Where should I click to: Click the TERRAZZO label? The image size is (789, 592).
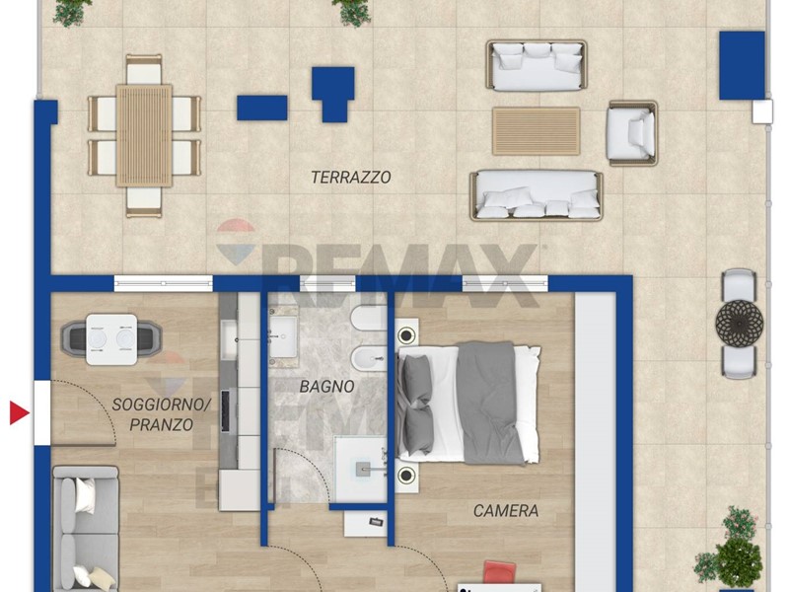351,178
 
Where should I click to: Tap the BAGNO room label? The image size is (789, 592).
327,387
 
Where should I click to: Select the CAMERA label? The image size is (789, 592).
506,511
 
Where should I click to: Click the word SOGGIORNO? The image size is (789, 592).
161,405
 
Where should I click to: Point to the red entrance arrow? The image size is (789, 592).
20,412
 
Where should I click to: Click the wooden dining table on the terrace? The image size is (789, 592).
144,135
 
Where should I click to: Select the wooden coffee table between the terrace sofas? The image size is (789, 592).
536,131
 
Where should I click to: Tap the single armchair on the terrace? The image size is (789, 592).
632,133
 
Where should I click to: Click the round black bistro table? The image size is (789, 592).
739,324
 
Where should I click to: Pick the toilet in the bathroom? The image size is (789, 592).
369,319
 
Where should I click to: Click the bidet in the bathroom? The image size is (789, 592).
369,359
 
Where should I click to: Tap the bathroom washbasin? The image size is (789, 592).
283,335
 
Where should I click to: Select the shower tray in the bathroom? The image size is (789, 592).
360,470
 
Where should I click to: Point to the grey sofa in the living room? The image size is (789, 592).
86,529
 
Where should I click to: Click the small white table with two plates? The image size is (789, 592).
111,339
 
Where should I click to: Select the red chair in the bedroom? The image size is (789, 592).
500,573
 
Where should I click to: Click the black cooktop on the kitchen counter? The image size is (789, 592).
226,410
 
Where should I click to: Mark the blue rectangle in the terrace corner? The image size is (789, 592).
742,65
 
